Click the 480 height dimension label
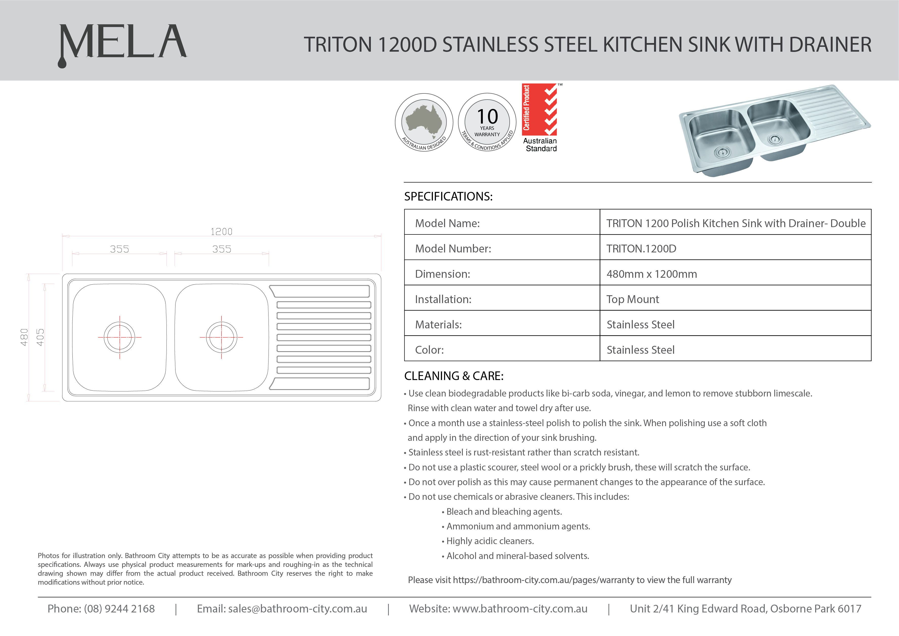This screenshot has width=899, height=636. (x=24, y=337)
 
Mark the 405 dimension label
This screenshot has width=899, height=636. (x=40, y=337)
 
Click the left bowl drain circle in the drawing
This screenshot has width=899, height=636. (x=120, y=337)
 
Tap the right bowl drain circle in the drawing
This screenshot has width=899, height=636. (x=221, y=337)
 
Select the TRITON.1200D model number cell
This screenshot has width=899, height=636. (x=641, y=249)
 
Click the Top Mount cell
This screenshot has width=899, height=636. (x=633, y=299)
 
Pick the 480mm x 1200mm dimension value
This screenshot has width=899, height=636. (x=652, y=274)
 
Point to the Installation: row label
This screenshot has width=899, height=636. (x=443, y=299)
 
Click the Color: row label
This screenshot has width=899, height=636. (x=429, y=350)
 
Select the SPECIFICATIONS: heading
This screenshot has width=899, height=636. (x=448, y=196)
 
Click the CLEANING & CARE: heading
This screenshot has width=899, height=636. (x=454, y=376)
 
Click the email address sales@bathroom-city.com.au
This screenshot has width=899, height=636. (x=297, y=609)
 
